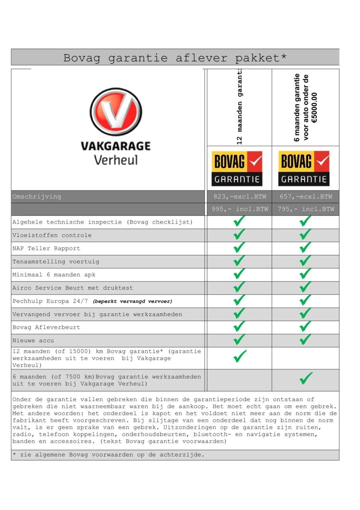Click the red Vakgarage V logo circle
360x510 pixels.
(x=116, y=112)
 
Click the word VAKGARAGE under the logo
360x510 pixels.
(x=115, y=146)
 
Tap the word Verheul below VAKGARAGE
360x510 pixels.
(x=115, y=160)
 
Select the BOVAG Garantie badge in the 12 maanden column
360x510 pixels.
(x=237, y=168)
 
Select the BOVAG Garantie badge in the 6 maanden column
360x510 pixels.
(x=304, y=168)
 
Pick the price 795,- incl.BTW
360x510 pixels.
(x=305, y=209)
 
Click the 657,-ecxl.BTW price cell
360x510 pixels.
(x=305, y=196)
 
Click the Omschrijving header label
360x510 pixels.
(x=37, y=196)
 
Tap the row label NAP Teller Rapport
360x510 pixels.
(x=46, y=248)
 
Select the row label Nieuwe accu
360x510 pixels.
(x=33, y=340)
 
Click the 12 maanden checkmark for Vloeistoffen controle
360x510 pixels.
(x=239, y=234)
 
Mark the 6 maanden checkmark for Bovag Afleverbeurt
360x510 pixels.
(x=305, y=326)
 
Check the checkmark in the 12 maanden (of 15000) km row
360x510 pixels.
(x=240, y=356)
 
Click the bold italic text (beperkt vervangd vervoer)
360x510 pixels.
(x=133, y=301)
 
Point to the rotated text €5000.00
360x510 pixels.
(x=315, y=108)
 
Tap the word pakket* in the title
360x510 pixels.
(x=261, y=58)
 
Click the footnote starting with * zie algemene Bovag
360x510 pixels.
(x=108, y=455)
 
